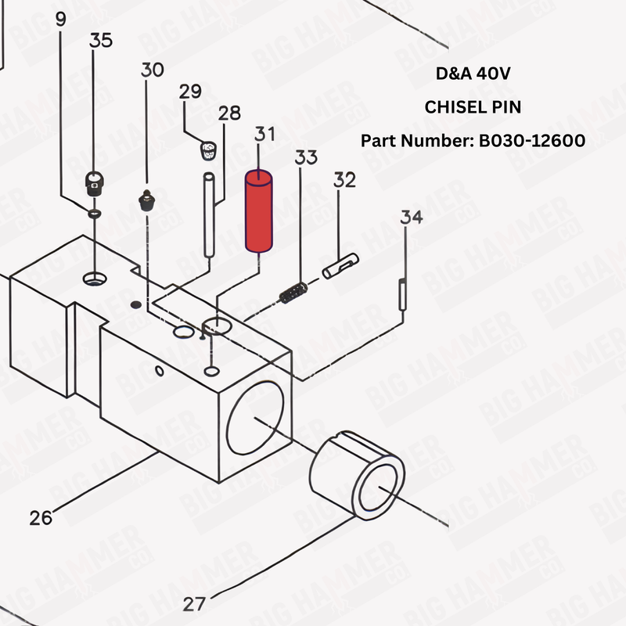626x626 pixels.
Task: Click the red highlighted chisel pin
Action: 258,211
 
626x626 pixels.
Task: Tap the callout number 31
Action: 264,134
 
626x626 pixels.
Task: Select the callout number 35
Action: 102,41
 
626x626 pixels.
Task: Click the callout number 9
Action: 61,20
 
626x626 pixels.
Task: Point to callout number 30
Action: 153,70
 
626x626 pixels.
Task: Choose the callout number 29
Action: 190,92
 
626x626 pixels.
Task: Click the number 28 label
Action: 229,113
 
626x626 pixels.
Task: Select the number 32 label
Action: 344,181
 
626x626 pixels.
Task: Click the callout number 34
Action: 412,217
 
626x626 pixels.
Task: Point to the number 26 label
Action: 41,517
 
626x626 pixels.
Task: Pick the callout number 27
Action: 195,603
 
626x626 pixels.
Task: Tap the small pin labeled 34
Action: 403,294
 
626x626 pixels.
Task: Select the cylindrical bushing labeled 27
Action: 358,480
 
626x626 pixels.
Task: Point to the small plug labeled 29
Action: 207,148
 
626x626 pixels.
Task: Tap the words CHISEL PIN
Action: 472,107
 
